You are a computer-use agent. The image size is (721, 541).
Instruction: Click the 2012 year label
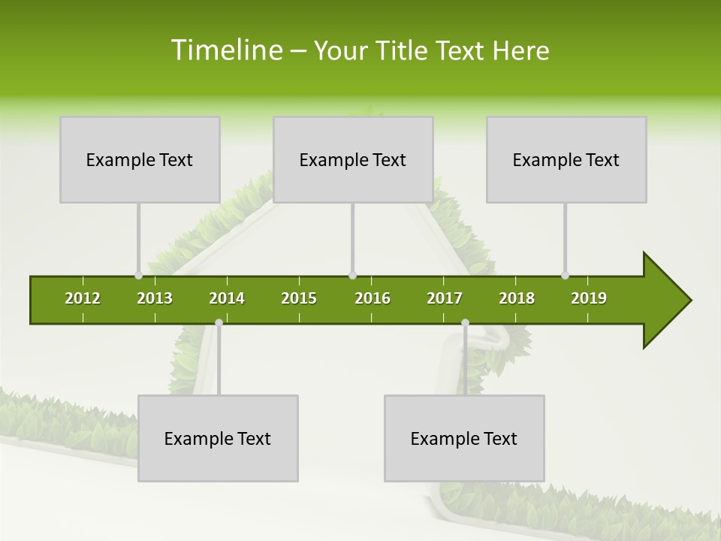click(83, 298)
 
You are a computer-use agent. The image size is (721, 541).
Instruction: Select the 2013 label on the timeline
click(155, 298)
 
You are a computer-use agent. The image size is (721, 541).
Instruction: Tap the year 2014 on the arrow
click(227, 298)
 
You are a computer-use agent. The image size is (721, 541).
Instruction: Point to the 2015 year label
click(299, 298)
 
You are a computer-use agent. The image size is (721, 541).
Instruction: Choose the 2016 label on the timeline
click(373, 298)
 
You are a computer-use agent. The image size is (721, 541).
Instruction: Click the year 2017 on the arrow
click(445, 298)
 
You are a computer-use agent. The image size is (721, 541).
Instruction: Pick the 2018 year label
click(517, 298)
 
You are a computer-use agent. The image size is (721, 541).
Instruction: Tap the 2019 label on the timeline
click(589, 298)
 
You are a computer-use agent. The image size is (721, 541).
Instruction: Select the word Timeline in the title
click(225, 50)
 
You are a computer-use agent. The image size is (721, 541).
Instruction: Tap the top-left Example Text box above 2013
click(140, 159)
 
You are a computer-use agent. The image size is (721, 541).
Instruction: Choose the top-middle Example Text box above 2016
click(353, 159)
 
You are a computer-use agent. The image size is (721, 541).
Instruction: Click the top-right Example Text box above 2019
click(566, 159)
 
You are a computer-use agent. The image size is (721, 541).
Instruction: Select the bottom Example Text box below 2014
click(218, 438)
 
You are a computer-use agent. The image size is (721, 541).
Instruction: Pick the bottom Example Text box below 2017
click(464, 438)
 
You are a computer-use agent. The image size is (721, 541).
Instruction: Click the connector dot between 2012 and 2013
click(138, 275)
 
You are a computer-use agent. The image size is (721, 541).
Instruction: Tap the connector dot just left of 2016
click(353, 275)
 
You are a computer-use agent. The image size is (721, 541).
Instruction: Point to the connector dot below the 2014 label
click(219, 322)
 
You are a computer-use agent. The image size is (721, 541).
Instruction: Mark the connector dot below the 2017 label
click(465, 322)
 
